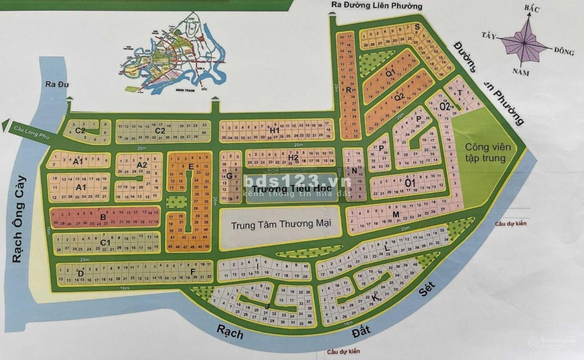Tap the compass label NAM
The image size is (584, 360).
(520, 72)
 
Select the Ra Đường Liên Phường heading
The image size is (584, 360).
(376, 6)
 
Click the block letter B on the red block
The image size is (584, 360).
(103, 217)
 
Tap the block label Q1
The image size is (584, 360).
(390, 74)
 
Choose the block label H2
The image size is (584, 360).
(292, 157)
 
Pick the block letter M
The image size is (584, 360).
(396, 215)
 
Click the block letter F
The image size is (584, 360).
(193, 271)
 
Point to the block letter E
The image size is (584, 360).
(191, 167)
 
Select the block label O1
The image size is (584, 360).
(410, 183)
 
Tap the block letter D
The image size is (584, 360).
(81, 273)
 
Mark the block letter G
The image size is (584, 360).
(228, 176)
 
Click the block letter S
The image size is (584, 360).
(417, 27)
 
